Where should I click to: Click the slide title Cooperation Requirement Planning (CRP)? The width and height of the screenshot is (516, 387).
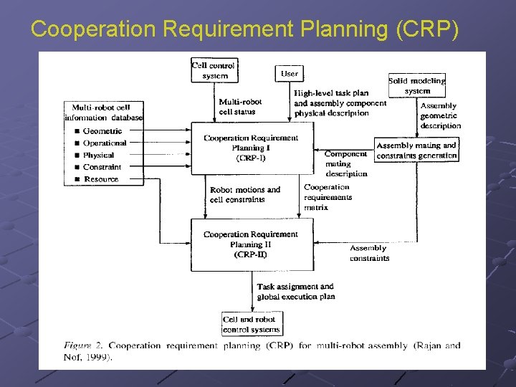(x=244, y=29)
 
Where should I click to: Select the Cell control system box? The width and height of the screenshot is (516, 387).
(x=214, y=70)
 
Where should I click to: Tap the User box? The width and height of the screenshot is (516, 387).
(x=289, y=73)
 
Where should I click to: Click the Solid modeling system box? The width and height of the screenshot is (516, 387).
(x=417, y=85)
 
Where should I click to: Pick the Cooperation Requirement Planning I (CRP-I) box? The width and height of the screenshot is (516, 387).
(x=251, y=148)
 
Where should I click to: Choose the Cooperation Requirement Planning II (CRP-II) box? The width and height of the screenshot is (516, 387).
(x=251, y=244)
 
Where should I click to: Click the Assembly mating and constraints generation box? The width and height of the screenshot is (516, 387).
(x=416, y=150)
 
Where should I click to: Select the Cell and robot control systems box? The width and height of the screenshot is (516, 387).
(x=252, y=324)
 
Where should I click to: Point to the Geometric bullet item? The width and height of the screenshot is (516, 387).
(x=102, y=131)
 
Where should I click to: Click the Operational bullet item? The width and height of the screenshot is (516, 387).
(x=105, y=143)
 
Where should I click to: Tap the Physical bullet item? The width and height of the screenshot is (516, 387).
(x=98, y=155)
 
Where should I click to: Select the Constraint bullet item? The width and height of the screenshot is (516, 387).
(x=102, y=167)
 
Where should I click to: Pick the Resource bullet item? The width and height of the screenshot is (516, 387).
(x=100, y=179)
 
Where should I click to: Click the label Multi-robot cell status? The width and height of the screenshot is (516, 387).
(x=240, y=107)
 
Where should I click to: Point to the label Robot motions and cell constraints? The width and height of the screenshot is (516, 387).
(x=244, y=194)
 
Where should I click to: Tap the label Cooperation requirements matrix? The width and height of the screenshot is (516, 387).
(x=328, y=197)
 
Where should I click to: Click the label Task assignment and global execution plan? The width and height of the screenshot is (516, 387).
(x=295, y=292)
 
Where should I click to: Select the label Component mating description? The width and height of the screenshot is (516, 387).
(x=346, y=163)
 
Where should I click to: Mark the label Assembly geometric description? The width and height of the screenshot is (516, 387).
(x=440, y=115)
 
